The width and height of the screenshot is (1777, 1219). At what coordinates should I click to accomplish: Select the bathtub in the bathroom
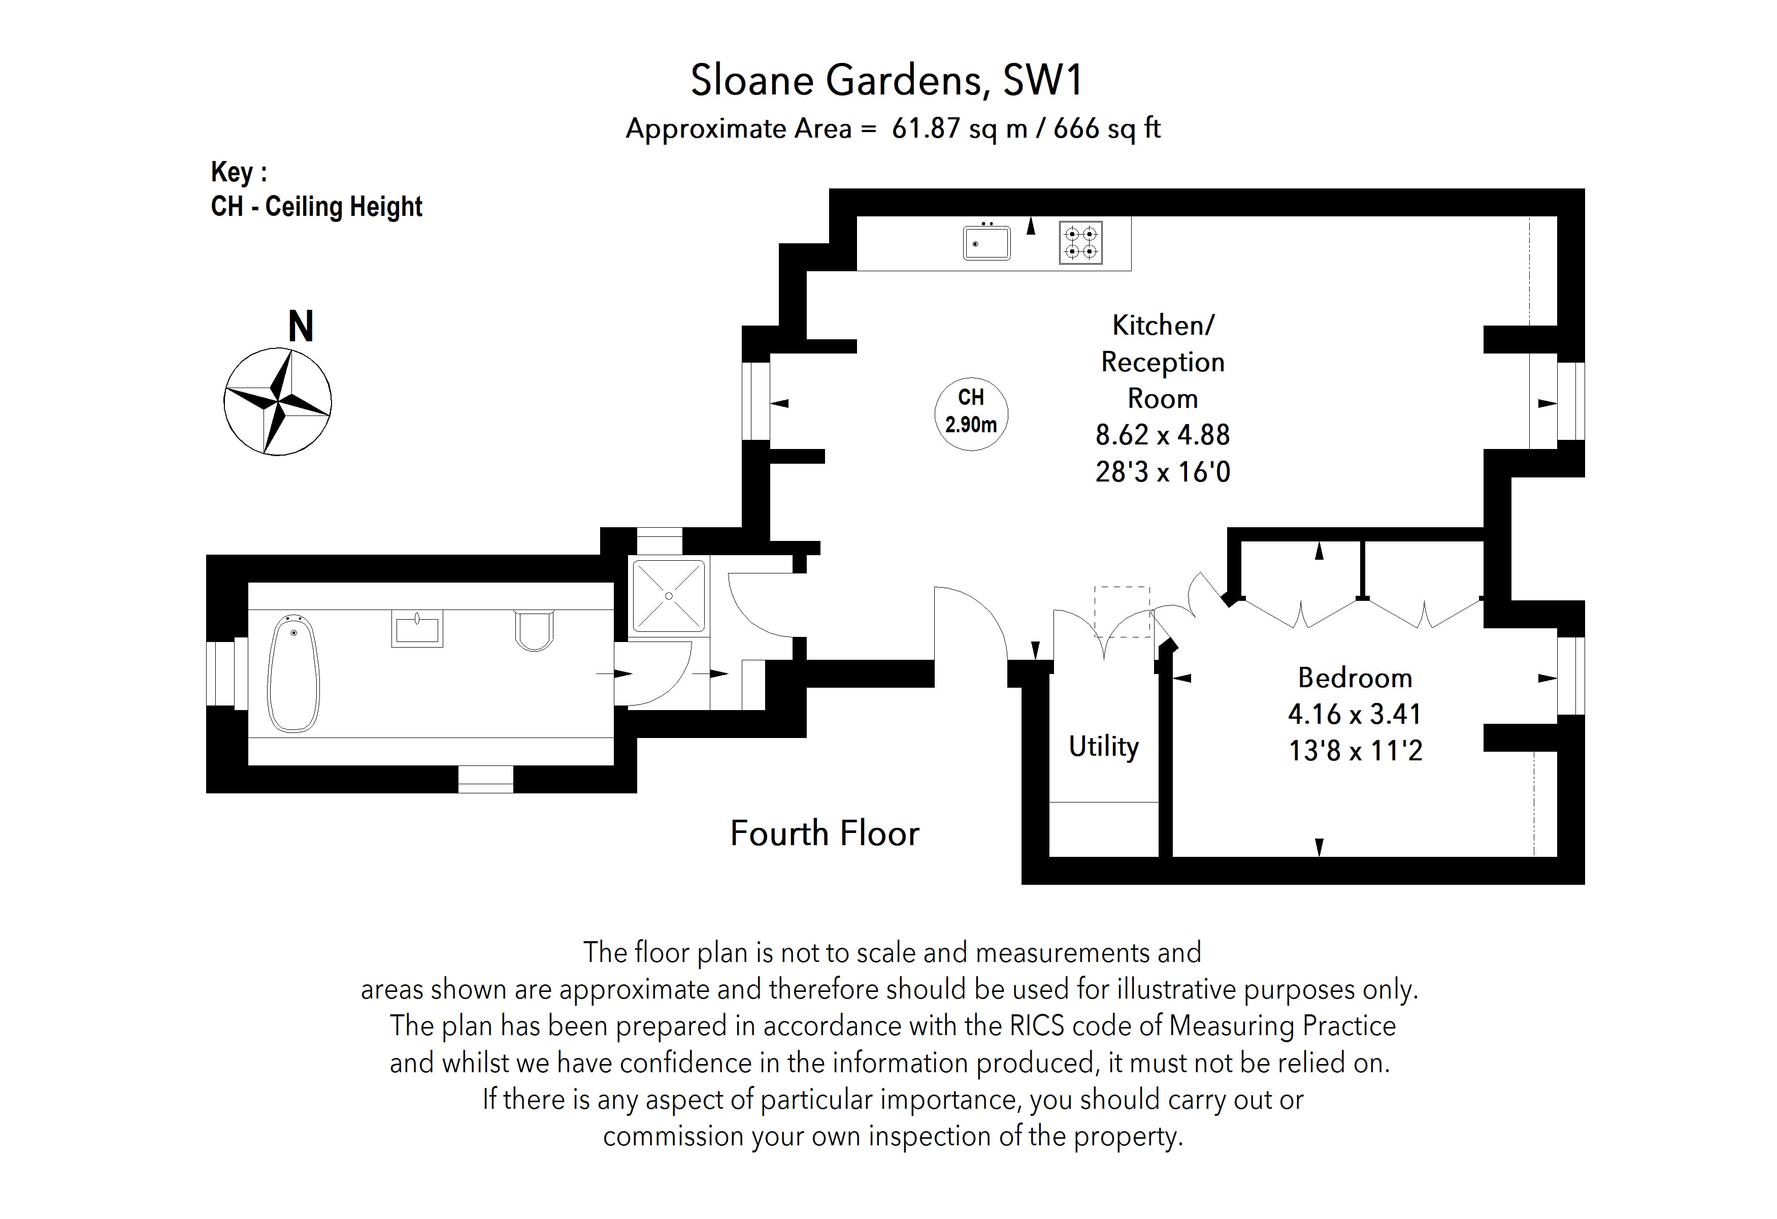click(293, 675)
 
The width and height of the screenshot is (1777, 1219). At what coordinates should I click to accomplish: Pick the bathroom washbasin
click(417, 629)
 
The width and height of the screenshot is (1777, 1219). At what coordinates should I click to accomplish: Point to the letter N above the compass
click(301, 327)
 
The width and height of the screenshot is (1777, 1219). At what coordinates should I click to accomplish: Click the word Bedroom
click(1354, 678)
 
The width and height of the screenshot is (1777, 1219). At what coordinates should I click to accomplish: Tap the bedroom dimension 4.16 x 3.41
click(1354, 714)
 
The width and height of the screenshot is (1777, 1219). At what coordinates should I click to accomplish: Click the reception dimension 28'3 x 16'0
click(1162, 472)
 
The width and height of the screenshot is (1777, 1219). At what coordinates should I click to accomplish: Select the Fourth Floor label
click(824, 833)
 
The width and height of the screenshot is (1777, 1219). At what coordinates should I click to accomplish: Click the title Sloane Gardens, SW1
click(887, 80)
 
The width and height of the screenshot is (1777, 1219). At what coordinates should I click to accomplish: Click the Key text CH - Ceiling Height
click(316, 207)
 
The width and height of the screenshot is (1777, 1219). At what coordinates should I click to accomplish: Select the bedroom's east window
click(1570, 676)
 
